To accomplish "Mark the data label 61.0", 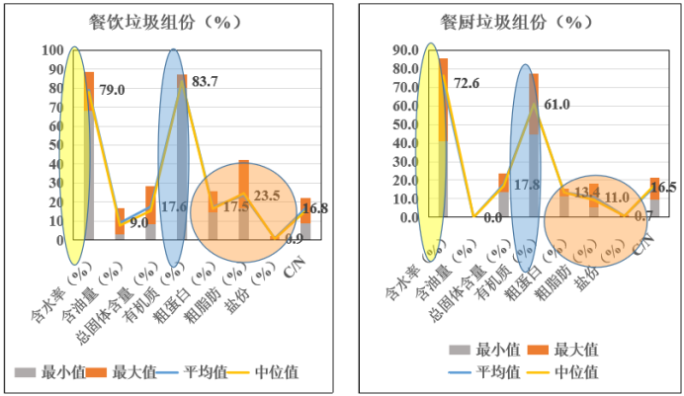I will pos(559,104).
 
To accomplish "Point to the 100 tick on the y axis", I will pos(52,50).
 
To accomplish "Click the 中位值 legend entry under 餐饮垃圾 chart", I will pos(276,372).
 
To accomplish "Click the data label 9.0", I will pos(138,222).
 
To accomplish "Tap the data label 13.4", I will pos(587,191).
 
